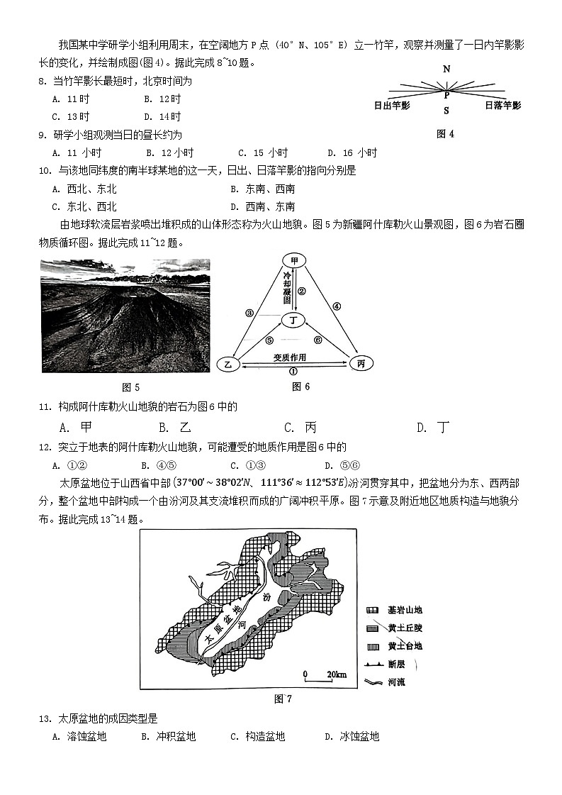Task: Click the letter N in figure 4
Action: pyautogui.click(x=446, y=69)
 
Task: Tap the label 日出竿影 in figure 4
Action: pyautogui.click(x=392, y=106)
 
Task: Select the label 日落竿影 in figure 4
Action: pyautogui.click(x=502, y=106)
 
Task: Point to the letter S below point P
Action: pyautogui.click(x=446, y=111)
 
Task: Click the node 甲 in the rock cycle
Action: pyautogui.click(x=294, y=261)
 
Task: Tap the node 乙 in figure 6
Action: pyautogui.click(x=228, y=363)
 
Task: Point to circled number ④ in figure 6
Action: pyautogui.click(x=337, y=306)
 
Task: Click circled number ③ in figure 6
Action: pyautogui.click(x=249, y=312)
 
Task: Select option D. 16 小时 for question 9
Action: pyautogui.click(x=352, y=152)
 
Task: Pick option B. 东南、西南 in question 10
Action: pyautogui.click(x=262, y=189)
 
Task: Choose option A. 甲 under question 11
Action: pyautogui.click(x=77, y=427)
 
